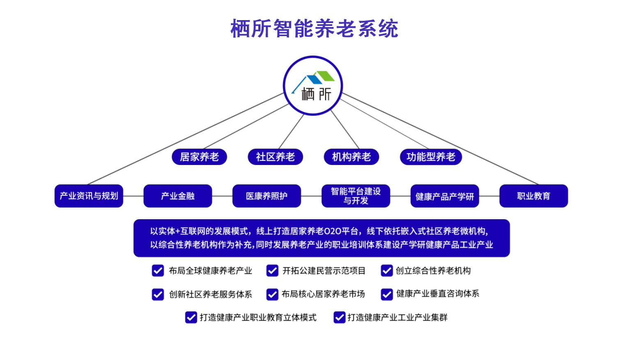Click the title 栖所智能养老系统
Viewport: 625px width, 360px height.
click(314, 29)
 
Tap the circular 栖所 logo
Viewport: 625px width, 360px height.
click(313, 86)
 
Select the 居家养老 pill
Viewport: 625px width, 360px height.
click(199, 157)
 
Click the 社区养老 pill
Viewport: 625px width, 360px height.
click(275, 157)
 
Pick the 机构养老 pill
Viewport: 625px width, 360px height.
click(351, 157)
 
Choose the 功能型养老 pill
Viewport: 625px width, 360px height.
click(431, 157)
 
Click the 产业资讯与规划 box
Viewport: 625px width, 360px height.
click(89, 196)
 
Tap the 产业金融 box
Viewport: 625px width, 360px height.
click(178, 196)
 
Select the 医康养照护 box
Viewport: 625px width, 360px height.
click(267, 196)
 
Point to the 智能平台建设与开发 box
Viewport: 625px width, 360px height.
click(356, 196)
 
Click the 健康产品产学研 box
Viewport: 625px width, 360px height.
click(445, 196)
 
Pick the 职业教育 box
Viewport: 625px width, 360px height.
click(533, 196)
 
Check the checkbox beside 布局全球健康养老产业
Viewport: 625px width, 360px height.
click(158, 271)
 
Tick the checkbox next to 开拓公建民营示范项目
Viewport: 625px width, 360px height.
click(272, 271)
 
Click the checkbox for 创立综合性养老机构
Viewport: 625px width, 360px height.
click(387, 271)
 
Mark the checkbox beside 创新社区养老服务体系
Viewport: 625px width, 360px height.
click(158, 294)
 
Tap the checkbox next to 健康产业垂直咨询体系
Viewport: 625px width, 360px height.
click(387, 294)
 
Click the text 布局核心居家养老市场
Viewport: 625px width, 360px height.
click(323, 294)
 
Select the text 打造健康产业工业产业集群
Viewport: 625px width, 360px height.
click(397, 317)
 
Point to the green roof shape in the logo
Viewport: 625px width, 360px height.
click(325, 76)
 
